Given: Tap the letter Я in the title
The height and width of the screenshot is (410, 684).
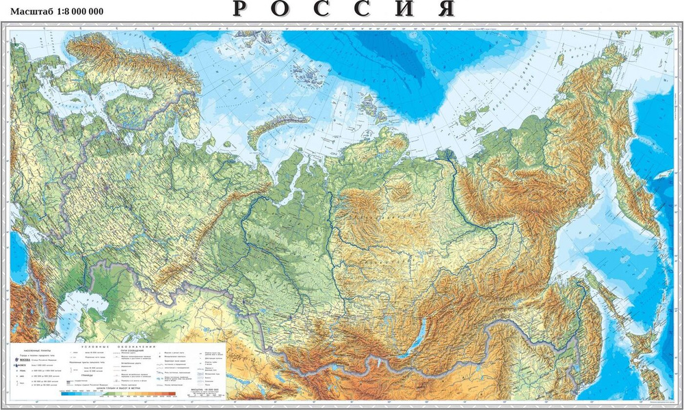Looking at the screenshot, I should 446,9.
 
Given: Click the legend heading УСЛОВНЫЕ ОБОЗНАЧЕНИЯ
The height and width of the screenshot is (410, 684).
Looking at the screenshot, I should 133,345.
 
